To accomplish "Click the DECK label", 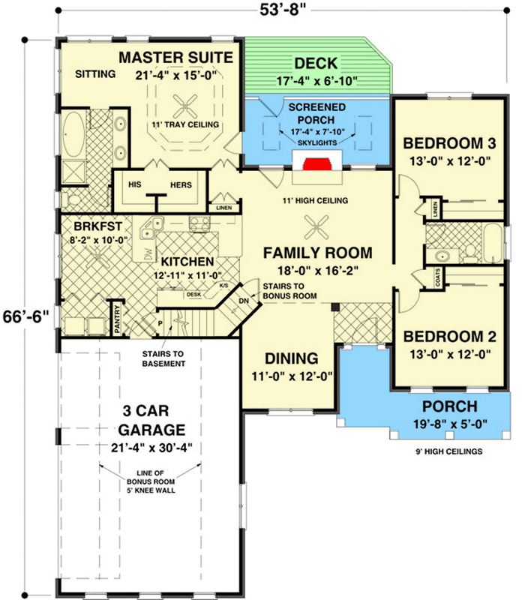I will tap(316, 63).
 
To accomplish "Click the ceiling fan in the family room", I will tap(316, 223).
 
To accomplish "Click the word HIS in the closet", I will tap(136, 184).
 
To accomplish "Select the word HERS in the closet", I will tap(181, 184).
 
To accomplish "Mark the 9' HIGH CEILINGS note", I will tap(444, 451).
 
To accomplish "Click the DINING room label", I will tap(291, 358).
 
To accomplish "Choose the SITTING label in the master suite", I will tap(95, 74).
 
